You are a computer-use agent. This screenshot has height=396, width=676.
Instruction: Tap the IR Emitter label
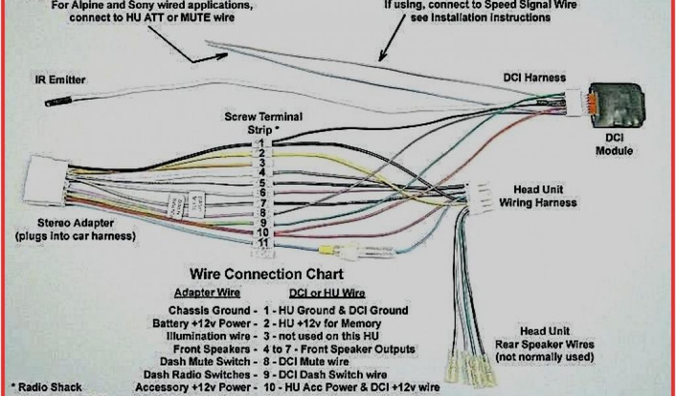pos(60,80)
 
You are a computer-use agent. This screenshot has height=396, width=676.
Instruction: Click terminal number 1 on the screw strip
pos(262,143)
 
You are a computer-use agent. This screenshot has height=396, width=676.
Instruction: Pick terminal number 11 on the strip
pos(262,242)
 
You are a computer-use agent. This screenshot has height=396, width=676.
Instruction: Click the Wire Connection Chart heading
pos(267,273)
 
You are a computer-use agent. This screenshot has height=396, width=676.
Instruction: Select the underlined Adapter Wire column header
pos(207,292)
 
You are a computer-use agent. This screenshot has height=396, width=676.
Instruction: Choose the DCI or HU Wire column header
pos(327,292)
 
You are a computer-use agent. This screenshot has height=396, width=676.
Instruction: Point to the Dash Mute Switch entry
pos(205,362)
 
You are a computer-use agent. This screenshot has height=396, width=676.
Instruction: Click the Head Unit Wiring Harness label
pos(537,196)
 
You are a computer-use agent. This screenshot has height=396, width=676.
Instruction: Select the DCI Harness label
pos(535,78)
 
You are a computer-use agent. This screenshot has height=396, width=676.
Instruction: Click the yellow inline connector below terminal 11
pos(325,251)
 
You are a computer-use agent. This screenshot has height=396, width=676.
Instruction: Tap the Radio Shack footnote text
pos(46,387)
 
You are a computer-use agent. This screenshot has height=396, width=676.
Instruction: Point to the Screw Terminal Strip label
pos(264,122)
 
